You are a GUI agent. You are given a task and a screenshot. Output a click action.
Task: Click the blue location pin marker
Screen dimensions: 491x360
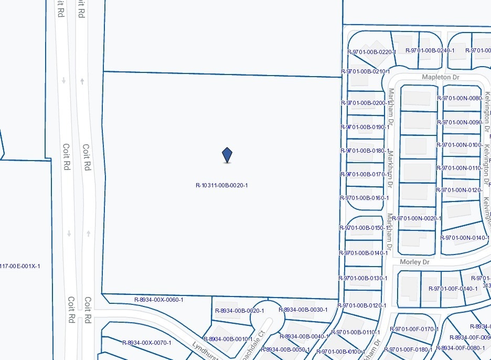click(x=227, y=155)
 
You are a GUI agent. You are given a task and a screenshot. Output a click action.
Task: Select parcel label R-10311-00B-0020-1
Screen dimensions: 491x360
click(x=221, y=185)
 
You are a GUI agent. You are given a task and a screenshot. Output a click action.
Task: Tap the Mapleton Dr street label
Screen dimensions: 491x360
click(x=441, y=77)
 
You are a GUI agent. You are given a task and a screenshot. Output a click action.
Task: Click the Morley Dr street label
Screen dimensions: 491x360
click(x=414, y=262)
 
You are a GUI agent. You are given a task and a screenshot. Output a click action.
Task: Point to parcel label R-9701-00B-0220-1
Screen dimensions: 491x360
click(x=371, y=52)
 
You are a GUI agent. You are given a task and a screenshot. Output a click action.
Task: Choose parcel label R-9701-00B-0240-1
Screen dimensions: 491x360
click(x=430, y=50)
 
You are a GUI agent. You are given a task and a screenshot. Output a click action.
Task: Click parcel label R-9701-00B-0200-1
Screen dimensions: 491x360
click(x=365, y=103)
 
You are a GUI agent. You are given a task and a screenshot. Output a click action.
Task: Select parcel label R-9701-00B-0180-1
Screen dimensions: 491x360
click(x=365, y=151)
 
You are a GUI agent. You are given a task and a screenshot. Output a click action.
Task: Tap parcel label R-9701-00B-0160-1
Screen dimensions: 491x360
click(x=365, y=198)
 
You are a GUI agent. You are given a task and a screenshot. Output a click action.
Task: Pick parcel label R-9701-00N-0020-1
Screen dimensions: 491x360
click(x=417, y=218)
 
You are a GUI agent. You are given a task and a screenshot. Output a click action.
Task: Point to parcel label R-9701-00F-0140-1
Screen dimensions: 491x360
click(x=453, y=289)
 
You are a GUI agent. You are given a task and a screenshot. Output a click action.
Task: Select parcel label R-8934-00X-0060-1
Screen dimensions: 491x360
click(x=159, y=300)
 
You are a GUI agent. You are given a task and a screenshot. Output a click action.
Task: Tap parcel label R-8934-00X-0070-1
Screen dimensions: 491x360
click(x=147, y=343)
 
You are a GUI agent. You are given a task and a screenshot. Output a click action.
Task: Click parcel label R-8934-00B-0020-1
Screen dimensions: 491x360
click(x=240, y=311)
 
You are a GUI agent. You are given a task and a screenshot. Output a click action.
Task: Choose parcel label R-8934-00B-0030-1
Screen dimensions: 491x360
click(x=303, y=310)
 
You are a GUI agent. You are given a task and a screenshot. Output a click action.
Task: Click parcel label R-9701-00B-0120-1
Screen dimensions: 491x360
click(x=362, y=305)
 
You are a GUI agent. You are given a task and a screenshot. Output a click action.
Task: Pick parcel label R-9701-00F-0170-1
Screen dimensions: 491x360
click(x=414, y=330)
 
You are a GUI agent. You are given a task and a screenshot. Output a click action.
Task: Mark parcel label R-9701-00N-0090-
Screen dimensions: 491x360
click(x=460, y=122)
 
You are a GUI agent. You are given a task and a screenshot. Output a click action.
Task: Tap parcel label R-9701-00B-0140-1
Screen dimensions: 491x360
click(x=364, y=253)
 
